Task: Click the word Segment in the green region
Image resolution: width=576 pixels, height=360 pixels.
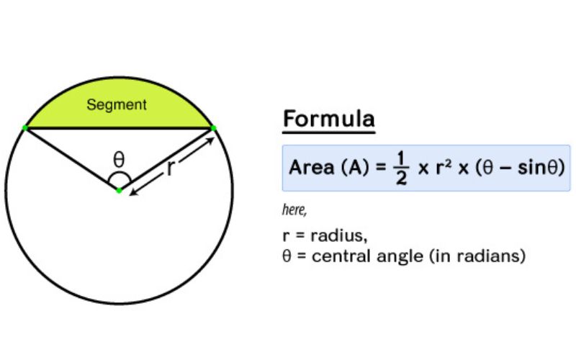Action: click(x=117, y=105)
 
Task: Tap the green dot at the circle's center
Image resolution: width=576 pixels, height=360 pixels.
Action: click(x=120, y=190)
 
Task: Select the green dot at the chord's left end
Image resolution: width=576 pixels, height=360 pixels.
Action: click(x=25, y=127)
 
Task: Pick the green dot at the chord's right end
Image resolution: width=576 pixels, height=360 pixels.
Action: click(x=213, y=128)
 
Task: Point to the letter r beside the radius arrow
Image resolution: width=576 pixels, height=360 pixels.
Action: click(x=170, y=168)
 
